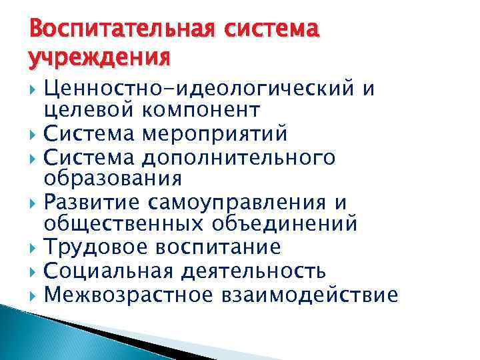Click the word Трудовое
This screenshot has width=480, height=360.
point(93,247)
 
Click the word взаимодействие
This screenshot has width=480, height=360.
point(311,293)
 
